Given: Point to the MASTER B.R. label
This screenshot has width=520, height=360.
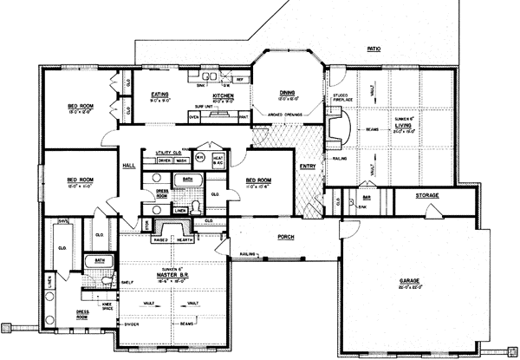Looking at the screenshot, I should tap(173, 276).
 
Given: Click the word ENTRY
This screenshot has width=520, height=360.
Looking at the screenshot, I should tap(307, 166).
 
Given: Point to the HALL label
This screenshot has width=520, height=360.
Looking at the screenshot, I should tap(128, 164).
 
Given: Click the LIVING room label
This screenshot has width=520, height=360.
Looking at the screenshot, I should tap(404, 127).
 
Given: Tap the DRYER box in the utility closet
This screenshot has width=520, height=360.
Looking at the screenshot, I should tap(164, 160).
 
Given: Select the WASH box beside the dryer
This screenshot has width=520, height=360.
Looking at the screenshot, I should tap(182, 160).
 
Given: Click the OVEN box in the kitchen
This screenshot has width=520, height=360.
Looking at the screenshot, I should tap(195, 115).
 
